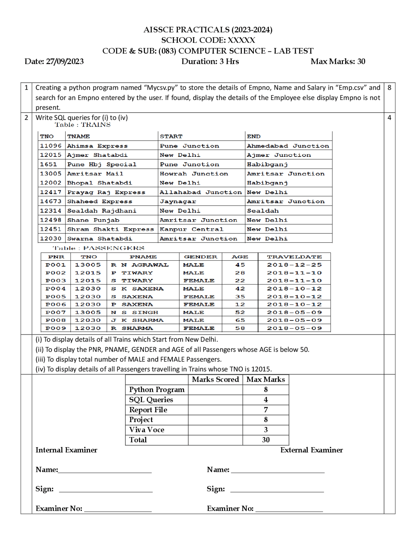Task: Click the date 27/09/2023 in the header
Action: (65, 62)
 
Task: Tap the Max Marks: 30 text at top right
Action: (338, 62)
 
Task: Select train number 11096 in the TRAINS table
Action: (51, 146)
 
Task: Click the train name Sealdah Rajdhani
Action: (102, 211)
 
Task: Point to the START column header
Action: (171, 136)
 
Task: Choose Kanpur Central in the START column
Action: (191, 229)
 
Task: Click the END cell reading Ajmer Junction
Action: (279, 155)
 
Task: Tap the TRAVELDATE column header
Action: (294, 257)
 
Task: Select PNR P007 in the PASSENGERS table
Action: (56, 312)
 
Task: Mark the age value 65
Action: (240, 320)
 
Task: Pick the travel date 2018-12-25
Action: (294, 265)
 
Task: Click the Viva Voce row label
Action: (147, 430)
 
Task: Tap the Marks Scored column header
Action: (215, 380)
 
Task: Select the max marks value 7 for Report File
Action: (266, 410)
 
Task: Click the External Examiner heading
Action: (311, 450)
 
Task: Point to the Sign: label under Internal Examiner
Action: (45, 489)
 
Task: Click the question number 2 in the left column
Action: (26, 117)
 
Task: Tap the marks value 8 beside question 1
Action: (389, 88)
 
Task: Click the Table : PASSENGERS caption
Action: (98, 248)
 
